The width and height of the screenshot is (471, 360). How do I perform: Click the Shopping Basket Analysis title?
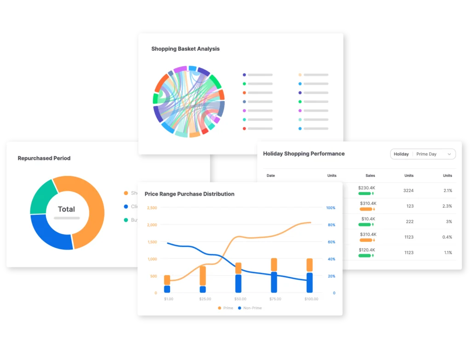(x=185, y=49)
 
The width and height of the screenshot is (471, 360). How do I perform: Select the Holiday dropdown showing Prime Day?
(x=423, y=154)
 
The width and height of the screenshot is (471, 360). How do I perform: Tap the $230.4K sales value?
(x=367, y=188)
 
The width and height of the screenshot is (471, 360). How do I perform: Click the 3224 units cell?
(x=408, y=190)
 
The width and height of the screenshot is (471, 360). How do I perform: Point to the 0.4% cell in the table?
(x=447, y=237)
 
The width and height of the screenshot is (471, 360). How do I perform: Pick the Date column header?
(x=270, y=176)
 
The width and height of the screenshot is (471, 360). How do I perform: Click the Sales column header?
(x=370, y=176)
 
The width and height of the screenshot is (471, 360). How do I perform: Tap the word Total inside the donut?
(x=66, y=209)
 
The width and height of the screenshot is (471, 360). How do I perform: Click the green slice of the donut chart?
(x=42, y=195)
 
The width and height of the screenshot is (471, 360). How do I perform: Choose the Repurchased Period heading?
(x=44, y=158)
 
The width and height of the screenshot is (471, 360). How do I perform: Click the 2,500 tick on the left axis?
(x=152, y=208)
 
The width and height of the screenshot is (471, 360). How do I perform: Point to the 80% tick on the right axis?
(x=331, y=225)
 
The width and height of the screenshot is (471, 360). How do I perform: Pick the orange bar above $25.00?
(x=203, y=275)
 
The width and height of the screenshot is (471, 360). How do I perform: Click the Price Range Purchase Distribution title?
(x=190, y=194)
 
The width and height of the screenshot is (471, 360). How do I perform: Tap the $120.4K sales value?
(x=367, y=250)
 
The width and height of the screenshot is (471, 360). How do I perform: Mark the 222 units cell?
(x=409, y=222)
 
